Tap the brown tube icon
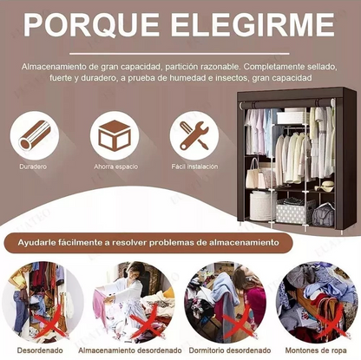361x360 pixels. tap(34, 135)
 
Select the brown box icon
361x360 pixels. tap(115, 135)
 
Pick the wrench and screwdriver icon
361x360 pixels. tap(194, 135)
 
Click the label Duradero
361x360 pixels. tap(33, 167)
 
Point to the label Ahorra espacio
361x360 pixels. tap(115, 167)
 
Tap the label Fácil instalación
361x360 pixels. tap(194, 167)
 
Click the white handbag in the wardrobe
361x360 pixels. tap(254, 174)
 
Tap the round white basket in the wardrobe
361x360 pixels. tap(263, 206)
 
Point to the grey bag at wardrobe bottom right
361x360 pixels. tap(324, 215)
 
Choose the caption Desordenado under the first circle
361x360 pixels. tap(40, 350)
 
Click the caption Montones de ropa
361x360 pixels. tap(316, 350)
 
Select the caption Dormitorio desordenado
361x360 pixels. tap(230, 350)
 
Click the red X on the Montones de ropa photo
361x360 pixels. tap(331, 326)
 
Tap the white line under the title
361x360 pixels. tap(180, 54)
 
